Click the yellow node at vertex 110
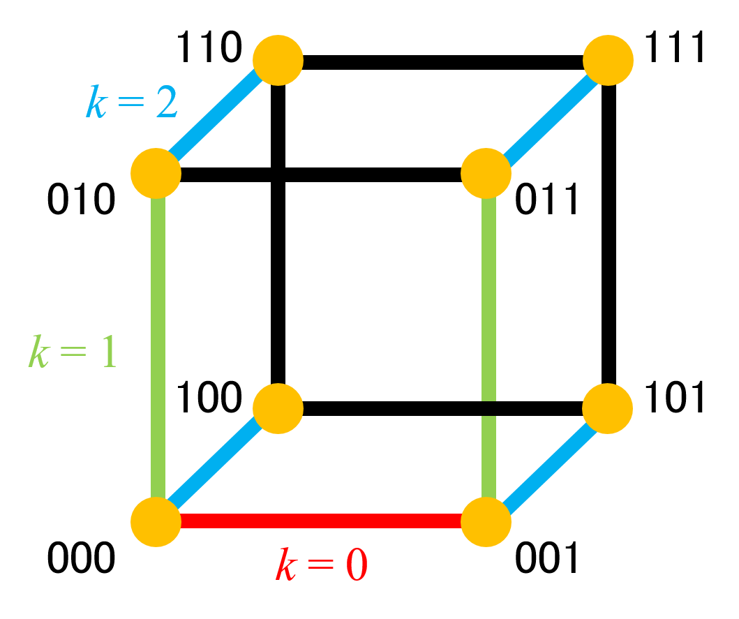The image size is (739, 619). pos(278,60)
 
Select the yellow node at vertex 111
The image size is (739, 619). pos(608,60)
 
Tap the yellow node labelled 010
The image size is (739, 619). pos(156,174)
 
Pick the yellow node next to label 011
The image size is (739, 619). pos(486,174)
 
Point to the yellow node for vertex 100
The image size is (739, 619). pos(278,408)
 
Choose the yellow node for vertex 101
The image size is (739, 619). pos(608,408)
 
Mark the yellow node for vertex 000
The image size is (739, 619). pos(156,521)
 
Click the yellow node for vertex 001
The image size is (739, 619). pos(486,521)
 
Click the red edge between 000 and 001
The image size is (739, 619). pos(321,521)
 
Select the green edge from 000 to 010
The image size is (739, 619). pos(158,348)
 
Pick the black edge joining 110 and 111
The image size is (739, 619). pos(443,61)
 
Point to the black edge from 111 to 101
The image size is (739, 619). pos(609,234)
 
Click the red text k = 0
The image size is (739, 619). pos(321,565)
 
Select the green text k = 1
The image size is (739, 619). pos(72,351)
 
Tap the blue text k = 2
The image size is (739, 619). pos(131,101)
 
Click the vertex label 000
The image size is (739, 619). pos(81,558)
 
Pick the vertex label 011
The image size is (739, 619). pos(546,200)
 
